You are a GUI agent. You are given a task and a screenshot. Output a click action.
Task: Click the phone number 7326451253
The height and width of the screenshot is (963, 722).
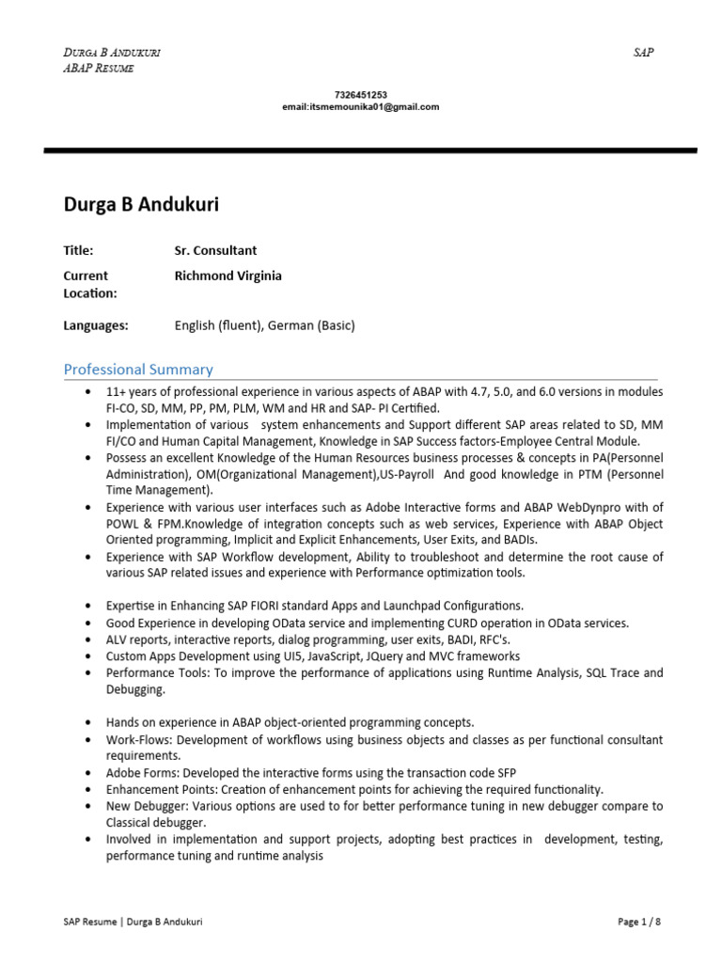click(x=360, y=95)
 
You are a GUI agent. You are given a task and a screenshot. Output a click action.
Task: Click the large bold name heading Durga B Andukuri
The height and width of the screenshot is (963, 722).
click(x=141, y=204)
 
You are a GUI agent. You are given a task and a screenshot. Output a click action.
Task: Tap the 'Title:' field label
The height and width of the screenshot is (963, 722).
click(x=78, y=250)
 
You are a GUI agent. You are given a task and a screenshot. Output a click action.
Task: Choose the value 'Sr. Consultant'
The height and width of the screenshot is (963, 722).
click(x=215, y=250)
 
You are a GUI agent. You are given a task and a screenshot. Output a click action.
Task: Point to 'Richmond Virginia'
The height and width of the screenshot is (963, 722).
click(x=228, y=276)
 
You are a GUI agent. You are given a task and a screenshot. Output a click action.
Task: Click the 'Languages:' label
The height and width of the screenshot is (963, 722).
click(x=95, y=325)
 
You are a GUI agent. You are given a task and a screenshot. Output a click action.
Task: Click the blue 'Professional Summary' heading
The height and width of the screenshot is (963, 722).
click(x=138, y=370)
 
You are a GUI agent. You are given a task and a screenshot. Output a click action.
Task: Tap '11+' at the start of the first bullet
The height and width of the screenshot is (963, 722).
click(x=117, y=391)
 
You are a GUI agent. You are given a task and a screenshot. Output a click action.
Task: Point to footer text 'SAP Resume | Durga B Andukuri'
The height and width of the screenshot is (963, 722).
click(x=126, y=922)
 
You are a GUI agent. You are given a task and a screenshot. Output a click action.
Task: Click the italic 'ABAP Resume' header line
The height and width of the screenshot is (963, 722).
click(x=98, y=69)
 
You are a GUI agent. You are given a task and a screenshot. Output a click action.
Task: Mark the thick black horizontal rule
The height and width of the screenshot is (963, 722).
click(x=370, y=150)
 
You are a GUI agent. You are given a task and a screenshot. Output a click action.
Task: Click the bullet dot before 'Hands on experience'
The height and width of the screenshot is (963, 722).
click(x=87, y=723)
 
